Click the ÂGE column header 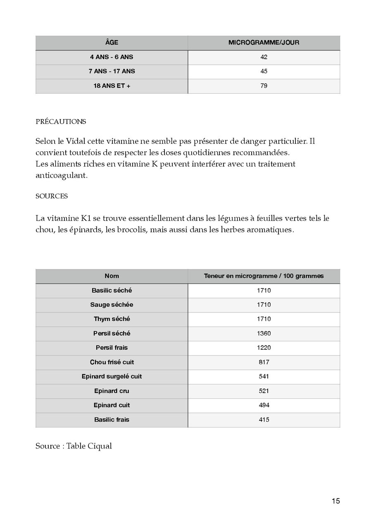[112, 43]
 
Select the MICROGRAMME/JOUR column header [264, 43]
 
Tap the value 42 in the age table [264, 57]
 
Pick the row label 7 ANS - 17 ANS [112, 71]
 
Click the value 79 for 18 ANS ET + [264, 86]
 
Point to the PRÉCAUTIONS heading [61, 122]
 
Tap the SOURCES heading [52, 196]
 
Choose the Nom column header [112, 276]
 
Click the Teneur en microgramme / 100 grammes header [264, 276]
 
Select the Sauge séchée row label [112, 305]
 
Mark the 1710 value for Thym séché [264, 319]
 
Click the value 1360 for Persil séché [264, 333]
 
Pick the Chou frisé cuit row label [112, 362]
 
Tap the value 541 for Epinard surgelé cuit [264, 377]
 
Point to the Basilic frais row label [112, 420]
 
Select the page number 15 [336, 501]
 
